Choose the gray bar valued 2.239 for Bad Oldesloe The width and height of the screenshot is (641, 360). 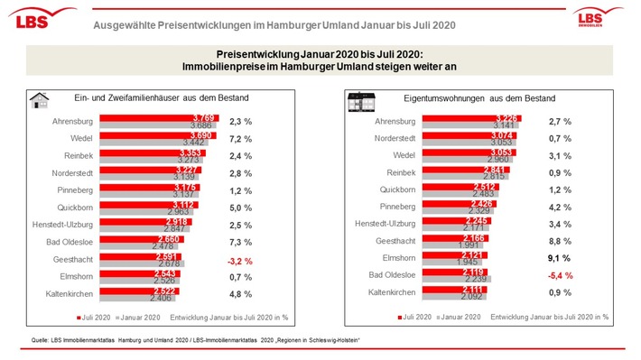451,279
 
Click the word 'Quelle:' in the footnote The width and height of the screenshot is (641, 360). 38,339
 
